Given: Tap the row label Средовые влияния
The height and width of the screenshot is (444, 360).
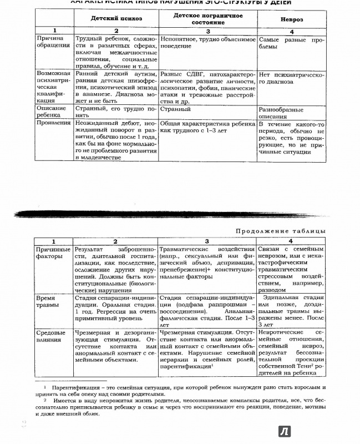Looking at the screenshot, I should click(52, 336).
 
